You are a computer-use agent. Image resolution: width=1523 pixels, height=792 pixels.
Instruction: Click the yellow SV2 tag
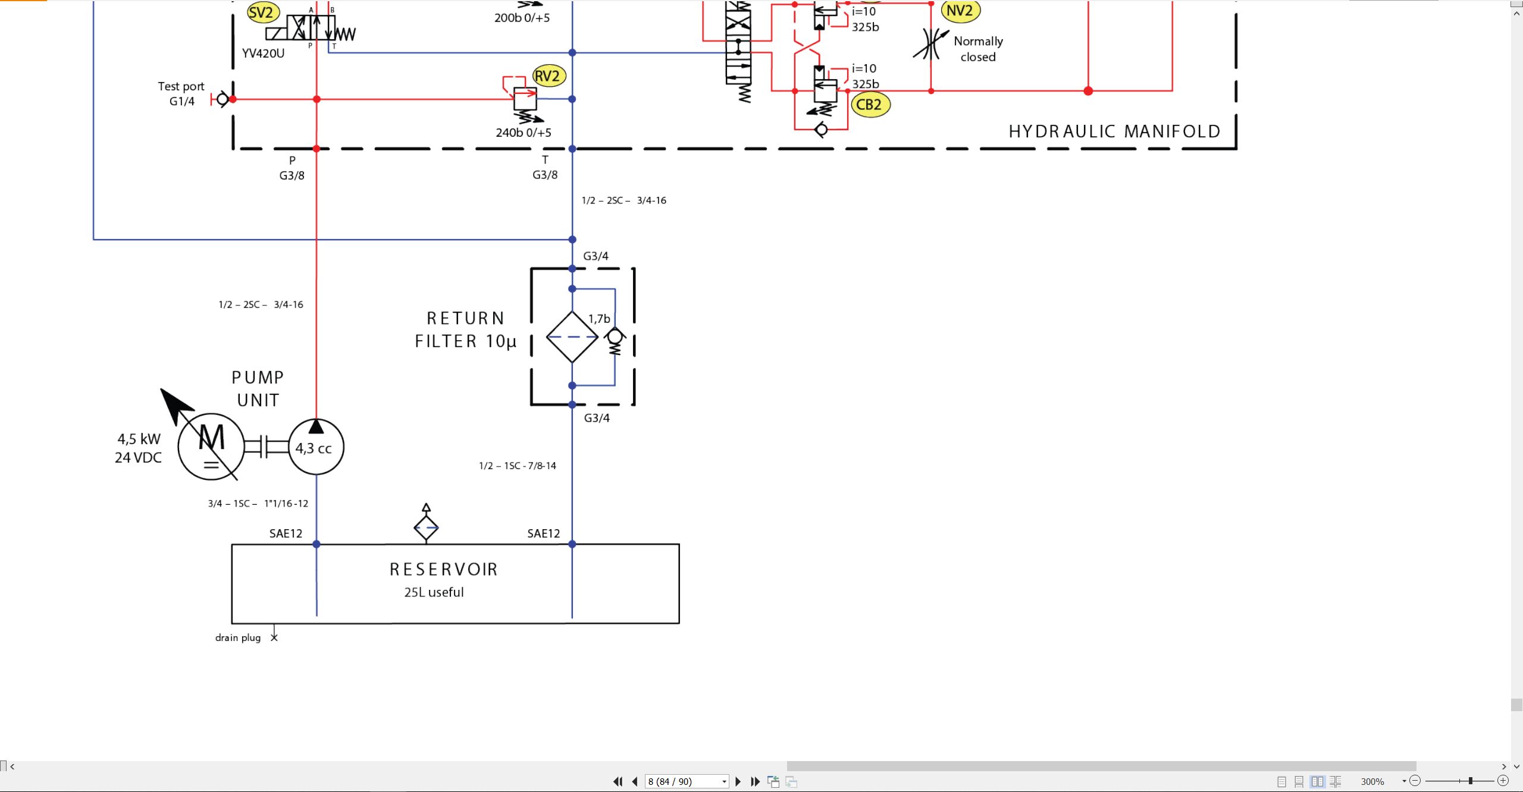pyautogui.click(x=261, y=12)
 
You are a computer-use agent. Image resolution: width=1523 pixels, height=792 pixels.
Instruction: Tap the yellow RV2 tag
pyautogui.click(x=547, y=76)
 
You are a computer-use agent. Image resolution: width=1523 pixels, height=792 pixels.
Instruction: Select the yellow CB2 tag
pyautogui.click(x=870, y=105)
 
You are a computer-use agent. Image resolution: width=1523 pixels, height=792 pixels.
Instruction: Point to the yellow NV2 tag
pyautogui.click(x=960, y=11)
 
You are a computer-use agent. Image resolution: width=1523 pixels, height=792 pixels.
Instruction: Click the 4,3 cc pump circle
pyautogui.click(x=316, y=447)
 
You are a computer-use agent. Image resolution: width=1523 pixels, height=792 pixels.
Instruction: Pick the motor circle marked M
pyautogui.click(x=211, y=447)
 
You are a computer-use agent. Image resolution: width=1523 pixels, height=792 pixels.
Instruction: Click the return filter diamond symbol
pyautogui.click(x=572, y=337)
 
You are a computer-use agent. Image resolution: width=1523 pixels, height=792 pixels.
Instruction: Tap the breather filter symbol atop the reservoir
pyautogui.click(x=426, y=524)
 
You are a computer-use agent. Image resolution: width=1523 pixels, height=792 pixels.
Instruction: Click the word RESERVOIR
pyautogui.click(x=444, y=570)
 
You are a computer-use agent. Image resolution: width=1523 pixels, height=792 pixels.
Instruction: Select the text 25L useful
pyautogui.click(x=434, y=592)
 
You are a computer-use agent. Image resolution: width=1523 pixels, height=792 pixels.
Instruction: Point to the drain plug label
pyautogui.click(x=238, y=638)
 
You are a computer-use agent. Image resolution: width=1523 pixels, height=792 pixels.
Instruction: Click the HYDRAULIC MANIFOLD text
pyautogui.click(x=1114, y=131)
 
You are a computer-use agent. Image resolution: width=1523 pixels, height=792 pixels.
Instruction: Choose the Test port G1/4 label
pyautogui.click(x=181, y=94)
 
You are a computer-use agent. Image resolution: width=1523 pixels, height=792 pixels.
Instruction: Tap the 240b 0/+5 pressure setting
pyautogui.click(x=524, y=133)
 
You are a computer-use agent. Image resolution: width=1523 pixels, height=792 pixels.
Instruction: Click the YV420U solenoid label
pyautogui.click(x=263, y=54)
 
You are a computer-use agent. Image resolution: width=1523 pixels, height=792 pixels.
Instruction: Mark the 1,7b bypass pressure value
pyautogui.click(x=599, y=319)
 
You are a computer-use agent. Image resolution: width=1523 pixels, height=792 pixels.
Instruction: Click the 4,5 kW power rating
pyautogui.click(x=139, y=439)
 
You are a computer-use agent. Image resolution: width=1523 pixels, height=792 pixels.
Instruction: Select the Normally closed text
pyautogui.click(x=979, y=49)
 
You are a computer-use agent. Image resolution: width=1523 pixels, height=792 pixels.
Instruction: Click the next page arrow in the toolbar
pyautogui.click(x=738, y=781)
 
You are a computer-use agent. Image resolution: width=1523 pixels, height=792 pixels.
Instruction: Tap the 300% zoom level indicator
pyautogui.click(x=1372, y=781)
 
